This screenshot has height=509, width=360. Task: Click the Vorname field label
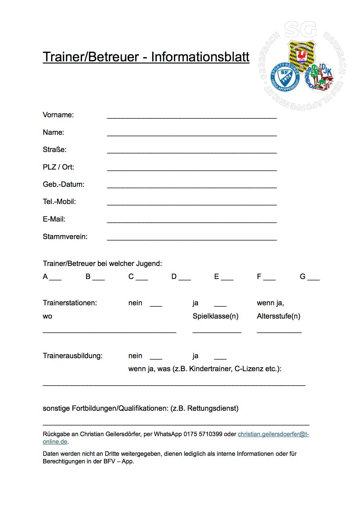pyautogui.click(x=58, y=115)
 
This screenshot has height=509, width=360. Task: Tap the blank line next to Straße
pyautogui.click(x=192, y=152)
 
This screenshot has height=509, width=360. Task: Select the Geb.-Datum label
pyautogui.click(x=64, y=184)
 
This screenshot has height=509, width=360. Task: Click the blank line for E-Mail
pyautogui.click(x=192, y=222)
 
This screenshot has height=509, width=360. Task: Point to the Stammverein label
pyautogui.click(x=65, y=237)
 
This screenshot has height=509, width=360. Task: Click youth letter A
pyautogui.click(x=45, y=277)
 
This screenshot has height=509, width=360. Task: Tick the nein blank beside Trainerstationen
pyautogui.click(x=156, y=305)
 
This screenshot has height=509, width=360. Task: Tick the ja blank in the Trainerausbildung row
pyautogui.click(x=220, y=358)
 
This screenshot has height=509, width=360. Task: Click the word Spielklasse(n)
pyautogui.click(x=215, y=316)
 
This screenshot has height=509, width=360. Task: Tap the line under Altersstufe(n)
pyautogui.click(x=279, y=332)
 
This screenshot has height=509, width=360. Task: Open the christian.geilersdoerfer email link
pyautogui.click(x=273, y=434)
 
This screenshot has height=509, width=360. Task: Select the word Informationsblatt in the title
pyautogui.click(x=200, y=57)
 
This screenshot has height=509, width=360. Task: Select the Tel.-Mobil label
pyautogui.click(x=59, y=202)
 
